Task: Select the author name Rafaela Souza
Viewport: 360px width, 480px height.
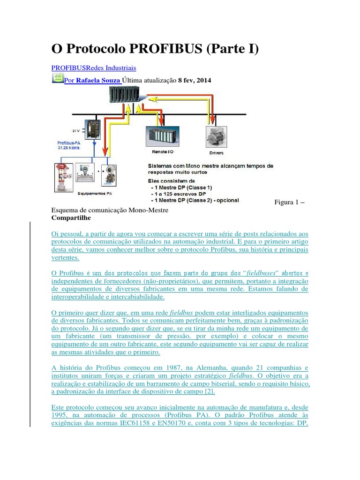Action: [x=98, y=80]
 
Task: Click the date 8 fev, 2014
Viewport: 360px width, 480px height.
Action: [x=195, y=80]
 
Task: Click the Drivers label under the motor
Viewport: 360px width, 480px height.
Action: [x=216, y=153]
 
